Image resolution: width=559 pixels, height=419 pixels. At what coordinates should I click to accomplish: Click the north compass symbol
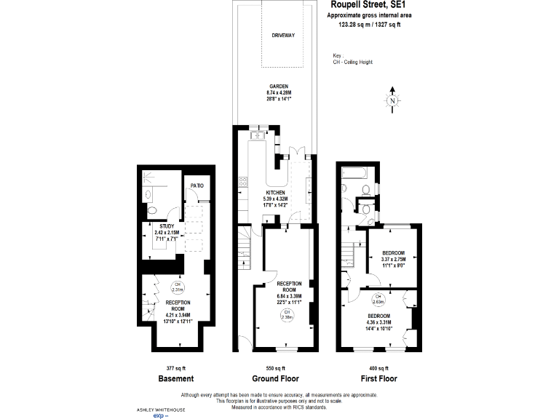pos(393,101)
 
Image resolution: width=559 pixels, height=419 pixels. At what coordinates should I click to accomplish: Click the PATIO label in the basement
pos(197,185)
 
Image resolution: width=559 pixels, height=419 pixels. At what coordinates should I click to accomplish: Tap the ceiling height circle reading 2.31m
pos(175,287)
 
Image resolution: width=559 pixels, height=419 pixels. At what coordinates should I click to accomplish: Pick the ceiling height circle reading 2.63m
pos(378,298)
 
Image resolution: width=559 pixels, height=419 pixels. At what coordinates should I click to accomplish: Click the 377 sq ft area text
pos(175,367)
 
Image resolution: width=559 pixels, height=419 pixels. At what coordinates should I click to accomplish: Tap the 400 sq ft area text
pos(378,367)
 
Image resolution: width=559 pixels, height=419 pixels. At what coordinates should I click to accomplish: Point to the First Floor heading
pos(378,379)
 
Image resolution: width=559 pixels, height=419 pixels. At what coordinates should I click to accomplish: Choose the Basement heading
pos(175,379)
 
